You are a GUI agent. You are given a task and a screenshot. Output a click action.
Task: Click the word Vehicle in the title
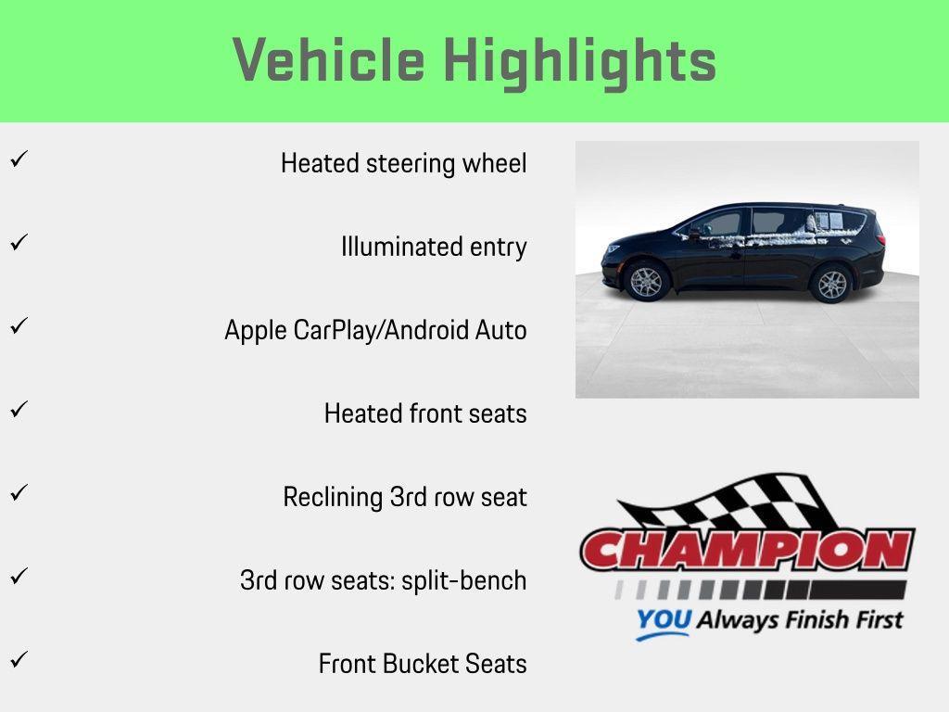pos(329,60)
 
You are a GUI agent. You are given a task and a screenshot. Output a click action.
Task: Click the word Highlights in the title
pos(579,62)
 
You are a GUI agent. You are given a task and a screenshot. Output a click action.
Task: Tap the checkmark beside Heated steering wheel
pos(17,159)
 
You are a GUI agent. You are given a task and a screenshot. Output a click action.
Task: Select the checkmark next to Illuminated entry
pos(17,243)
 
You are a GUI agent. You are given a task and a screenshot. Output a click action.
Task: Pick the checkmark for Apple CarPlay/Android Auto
pos(17,326)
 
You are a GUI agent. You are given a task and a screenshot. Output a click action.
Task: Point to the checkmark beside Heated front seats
pos(17,410)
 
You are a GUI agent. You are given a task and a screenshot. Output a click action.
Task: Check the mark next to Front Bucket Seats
pos(17,660)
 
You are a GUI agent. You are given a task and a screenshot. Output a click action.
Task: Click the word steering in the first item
pos(409,164)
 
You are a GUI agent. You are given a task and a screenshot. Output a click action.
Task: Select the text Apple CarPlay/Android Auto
pos(375,330)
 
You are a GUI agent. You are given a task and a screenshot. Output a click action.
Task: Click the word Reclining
pos(333,497)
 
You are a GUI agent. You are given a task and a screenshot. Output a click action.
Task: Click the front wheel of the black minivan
pos(646,281)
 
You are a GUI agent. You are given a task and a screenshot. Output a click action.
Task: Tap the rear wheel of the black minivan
pos(830,283)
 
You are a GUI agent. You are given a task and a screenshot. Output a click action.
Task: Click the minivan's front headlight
pos(612,249)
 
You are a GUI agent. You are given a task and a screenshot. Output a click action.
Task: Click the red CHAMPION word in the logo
pos(747,551)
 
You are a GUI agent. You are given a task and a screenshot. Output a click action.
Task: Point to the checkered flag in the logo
pos(732,505)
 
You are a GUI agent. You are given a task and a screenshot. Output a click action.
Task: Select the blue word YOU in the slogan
pos(663,621)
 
